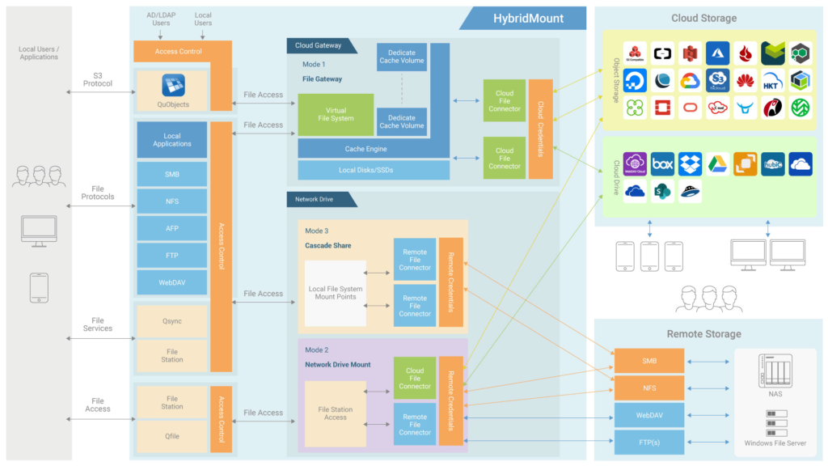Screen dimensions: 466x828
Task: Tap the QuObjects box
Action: pyautogui.click(x=172, y=91)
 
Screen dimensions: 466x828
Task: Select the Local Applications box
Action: pyautogui.click(x=172, y=140)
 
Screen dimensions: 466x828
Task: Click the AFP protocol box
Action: pyautogui.click(x=172, y=228)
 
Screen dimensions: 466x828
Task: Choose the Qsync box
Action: pyautogui.click(x=172, y=320)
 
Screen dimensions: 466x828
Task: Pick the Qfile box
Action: pyautogui.click(x=172, y=435)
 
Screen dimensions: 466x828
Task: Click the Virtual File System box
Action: pyautogui.click(x=336, y=114)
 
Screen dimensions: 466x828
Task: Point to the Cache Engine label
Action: pyautogui.click(x=365, y=149)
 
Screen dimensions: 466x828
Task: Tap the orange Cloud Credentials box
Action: pyautogui.click(x=541, y=129)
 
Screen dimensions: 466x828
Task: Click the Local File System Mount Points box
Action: pyautogui.click(x=336, y=293)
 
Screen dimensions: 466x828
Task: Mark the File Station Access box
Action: pyautogui.click(x=336, y=413)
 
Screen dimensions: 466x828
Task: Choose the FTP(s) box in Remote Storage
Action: pyautogui.click(x=649, y=443)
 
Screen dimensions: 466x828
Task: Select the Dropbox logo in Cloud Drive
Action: pyautogui.click(x=690, y=164)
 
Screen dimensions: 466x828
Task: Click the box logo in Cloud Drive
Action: pyautogui.click(x=662, y=164)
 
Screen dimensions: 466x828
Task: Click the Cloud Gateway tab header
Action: pyautogui.click(x=319, y=45)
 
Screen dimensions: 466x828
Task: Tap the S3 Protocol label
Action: pyautogui.click(x=98, y=78)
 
